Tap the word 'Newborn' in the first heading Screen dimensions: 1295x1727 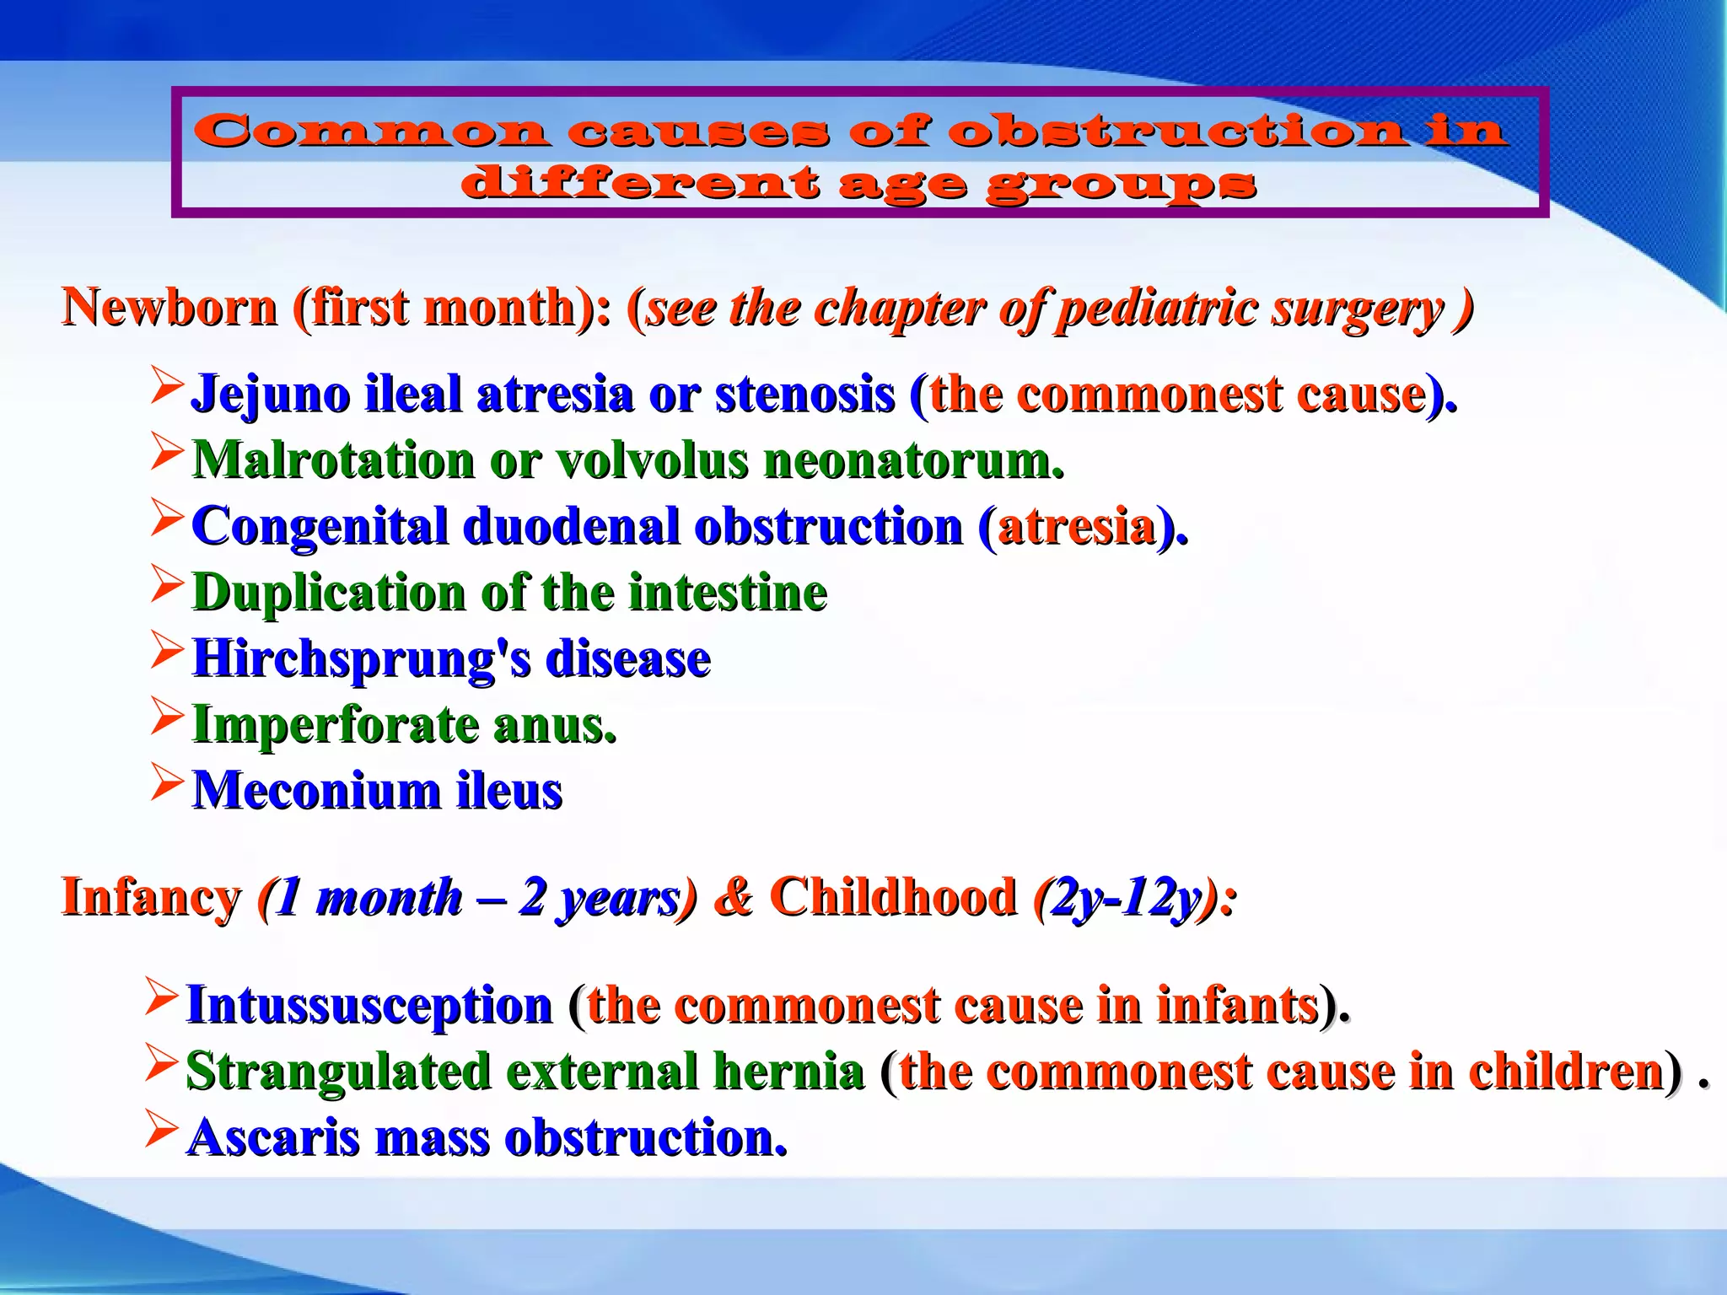[169, 307]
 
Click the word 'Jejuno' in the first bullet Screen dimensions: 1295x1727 [269, 395]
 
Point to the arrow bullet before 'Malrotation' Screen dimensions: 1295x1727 [167, 453]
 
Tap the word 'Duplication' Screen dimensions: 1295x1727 [328, 593]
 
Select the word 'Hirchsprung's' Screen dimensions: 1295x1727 [362, 659]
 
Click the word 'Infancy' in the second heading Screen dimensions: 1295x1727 [151, 896]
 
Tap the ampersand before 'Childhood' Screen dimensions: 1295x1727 [733, 896]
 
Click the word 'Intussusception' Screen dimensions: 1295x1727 [369, 1005]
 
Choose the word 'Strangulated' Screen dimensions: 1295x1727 [338, 1072]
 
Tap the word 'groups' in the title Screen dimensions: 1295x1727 [1121, 184]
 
